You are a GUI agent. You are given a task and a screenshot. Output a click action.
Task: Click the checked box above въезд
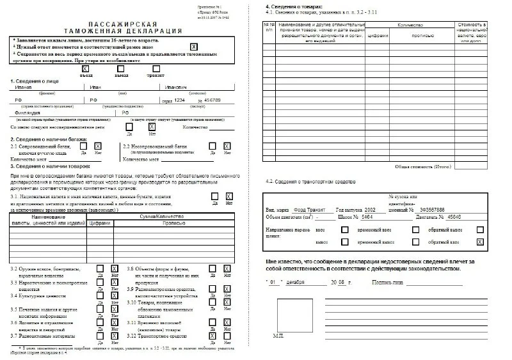[83, 68]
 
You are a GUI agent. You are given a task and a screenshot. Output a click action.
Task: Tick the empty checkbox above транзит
[156, 68]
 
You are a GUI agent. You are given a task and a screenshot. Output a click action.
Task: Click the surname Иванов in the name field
[23, 87]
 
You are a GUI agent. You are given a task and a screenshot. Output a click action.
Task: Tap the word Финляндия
[26, 113]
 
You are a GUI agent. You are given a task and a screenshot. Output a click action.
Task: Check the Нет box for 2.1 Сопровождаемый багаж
[98, 146]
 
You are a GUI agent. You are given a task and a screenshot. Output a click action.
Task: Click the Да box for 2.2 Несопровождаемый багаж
[212, 146]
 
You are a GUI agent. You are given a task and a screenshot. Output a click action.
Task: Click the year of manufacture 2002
[372, 209]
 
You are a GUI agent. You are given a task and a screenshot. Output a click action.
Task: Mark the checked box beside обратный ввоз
[479, 242]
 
